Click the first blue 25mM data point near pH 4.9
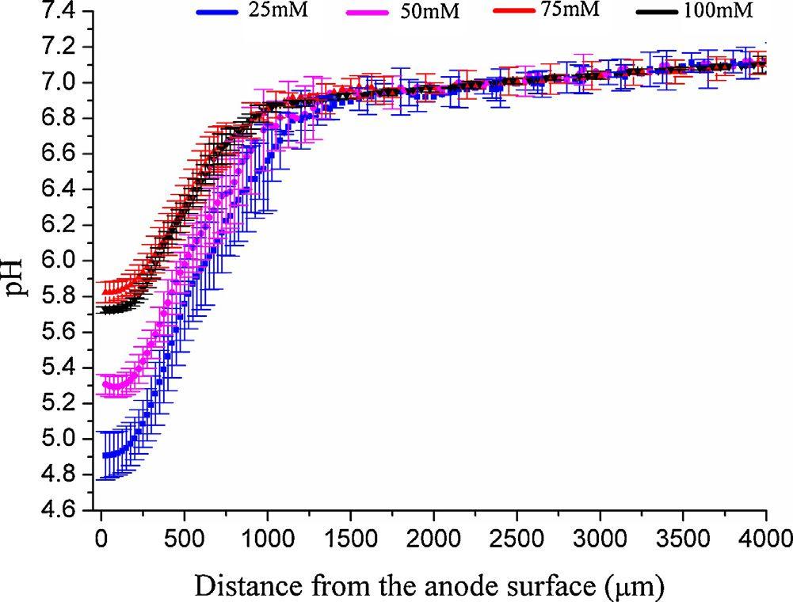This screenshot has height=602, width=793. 105,455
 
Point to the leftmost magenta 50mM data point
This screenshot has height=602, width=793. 105,384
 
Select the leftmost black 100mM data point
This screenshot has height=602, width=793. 104,311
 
